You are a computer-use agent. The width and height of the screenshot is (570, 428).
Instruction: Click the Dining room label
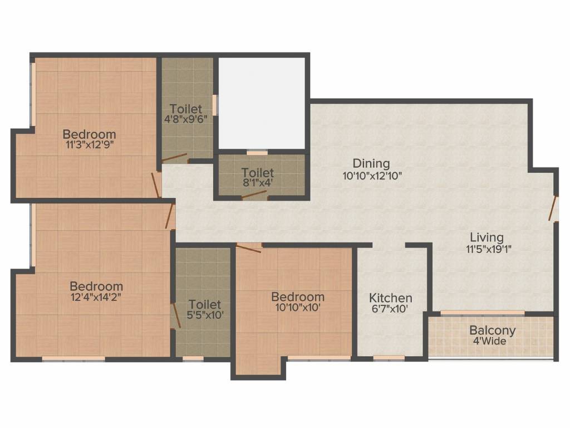pos(371,163)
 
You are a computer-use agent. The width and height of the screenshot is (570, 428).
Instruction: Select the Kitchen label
pos(391,298)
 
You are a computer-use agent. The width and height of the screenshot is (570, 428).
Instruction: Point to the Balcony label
pos(492,330)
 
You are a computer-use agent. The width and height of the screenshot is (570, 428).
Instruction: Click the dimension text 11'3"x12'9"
pos(89,144)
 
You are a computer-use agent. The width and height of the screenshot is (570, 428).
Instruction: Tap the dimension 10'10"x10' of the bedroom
pos(297,307)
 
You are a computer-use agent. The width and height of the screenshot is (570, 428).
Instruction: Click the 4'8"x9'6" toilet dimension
pos(186,118)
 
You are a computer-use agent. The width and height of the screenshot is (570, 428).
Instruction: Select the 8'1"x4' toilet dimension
pos(257,182)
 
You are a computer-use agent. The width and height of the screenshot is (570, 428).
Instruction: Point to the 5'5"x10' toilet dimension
pos(204,315)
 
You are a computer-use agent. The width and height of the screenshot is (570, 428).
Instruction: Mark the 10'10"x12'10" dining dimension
pos(372,174)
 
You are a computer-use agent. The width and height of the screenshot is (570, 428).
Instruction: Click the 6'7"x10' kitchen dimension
pos(391,309)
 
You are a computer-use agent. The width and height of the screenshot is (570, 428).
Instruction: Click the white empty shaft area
pos(262,103)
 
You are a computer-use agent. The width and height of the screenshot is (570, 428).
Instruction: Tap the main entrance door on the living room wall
pos(553,208)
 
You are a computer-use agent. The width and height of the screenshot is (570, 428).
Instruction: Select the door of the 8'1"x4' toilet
pos(254,195)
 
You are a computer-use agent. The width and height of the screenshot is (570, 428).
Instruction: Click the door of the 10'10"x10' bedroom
pos(248,248)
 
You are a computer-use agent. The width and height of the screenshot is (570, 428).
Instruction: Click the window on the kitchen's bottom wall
pos(389,358)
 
